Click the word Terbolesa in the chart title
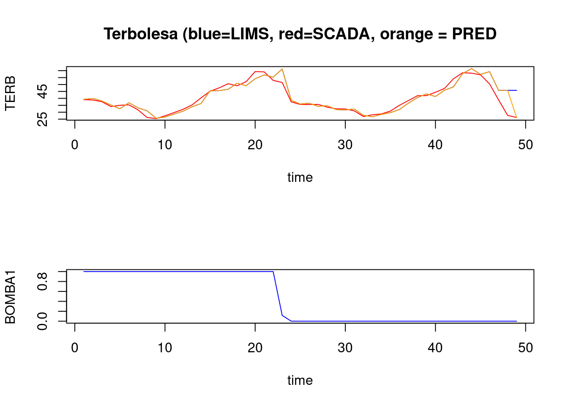141,34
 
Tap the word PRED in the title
474,34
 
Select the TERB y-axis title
10,93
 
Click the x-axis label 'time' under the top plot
300,177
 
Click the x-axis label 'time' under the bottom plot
300,380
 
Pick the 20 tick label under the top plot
255,145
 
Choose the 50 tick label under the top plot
525,145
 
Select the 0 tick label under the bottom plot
75,348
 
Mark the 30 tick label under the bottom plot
345,348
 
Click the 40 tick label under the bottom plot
435,348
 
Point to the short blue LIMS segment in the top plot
512,90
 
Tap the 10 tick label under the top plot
165,145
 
